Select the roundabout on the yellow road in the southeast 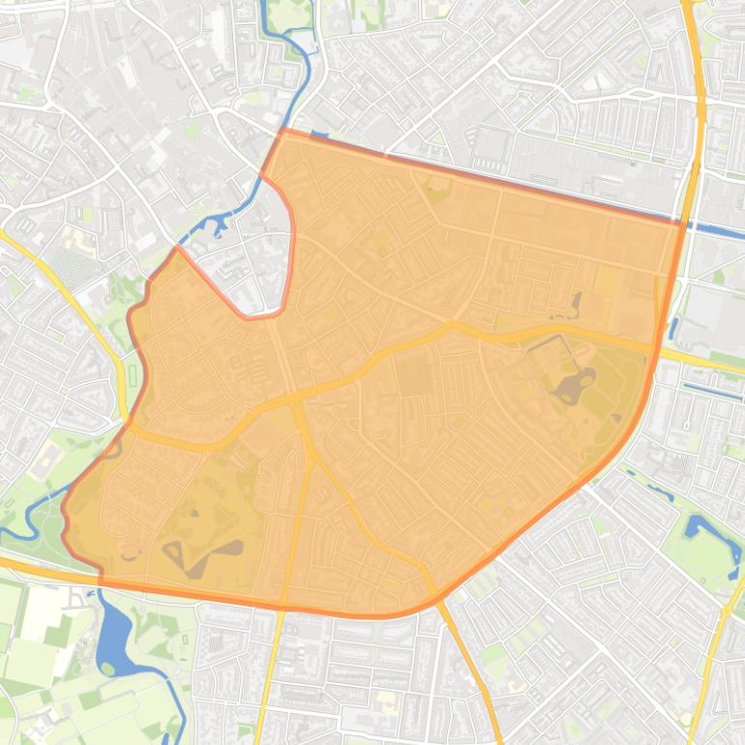point(727,610)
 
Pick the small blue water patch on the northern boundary point(318,135)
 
